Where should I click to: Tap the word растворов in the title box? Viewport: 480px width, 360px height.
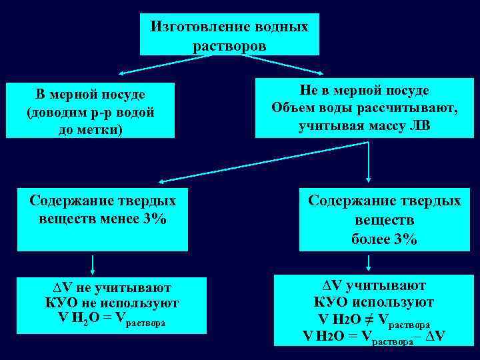point(229,46)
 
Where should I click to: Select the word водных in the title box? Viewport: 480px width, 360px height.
point(281,27)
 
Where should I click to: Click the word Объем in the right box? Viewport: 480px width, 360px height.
point(292,108)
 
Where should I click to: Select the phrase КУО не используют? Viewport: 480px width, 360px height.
point(112,303)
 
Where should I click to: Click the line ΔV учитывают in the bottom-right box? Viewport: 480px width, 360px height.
point(370,286)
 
